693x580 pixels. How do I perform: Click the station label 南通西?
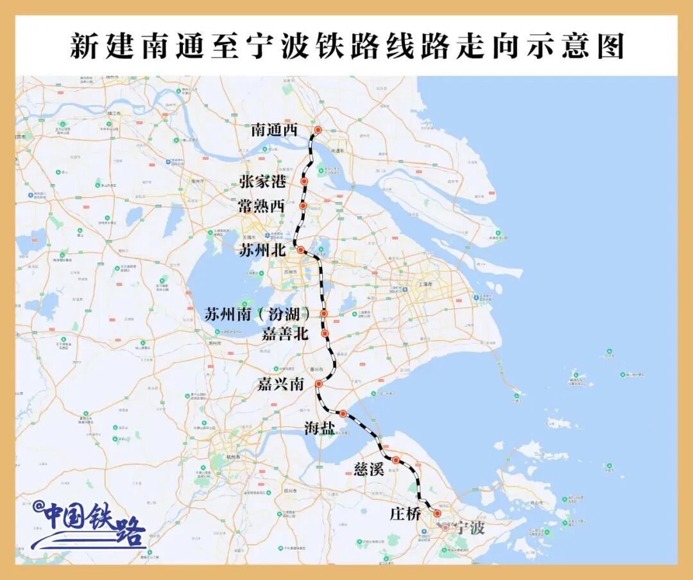click(275, 130)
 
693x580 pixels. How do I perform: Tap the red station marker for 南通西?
click(318, 130)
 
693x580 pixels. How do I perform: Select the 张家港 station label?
click(262, 182)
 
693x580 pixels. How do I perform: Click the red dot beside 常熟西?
click(303, 205)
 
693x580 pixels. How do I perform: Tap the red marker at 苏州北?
click(300, 250)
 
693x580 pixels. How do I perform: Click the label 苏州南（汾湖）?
click(258, 314)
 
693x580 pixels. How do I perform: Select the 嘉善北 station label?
click(286, 334)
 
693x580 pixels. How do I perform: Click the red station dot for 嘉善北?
click(325, 333)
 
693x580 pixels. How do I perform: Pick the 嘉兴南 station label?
click(281, 384)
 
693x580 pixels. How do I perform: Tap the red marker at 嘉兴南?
click(318, 384)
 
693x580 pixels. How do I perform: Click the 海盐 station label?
click(319, 428)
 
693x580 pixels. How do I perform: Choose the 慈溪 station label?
click(369, 469)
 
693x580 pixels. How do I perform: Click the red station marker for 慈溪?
click(397, 459)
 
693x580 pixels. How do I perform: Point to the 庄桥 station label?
click(406, 514)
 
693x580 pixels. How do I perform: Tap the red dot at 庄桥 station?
click(437, 513)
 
